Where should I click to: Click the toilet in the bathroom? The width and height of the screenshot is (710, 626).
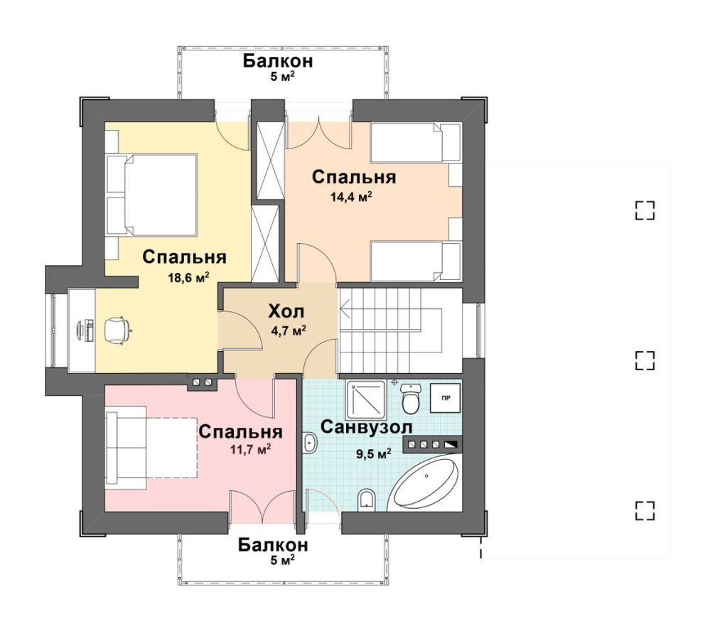pos(412,399)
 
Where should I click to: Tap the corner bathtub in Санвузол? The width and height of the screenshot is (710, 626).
pos(425,484)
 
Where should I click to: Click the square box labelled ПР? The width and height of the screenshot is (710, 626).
pos(446,399)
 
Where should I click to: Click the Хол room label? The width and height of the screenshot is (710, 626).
pos(286,312)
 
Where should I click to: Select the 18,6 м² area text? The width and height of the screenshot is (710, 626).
pos(188,277)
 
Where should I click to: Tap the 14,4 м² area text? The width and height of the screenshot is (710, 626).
pos(351,197)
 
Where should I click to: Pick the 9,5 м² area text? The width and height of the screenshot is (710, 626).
pos(374,454)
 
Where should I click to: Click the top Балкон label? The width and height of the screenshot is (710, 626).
pos(278,61)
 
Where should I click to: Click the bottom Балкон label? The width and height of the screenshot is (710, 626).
pos(273,546)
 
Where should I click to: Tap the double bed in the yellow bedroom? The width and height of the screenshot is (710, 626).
pos(151,195)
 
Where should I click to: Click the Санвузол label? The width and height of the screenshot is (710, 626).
pos(366,427)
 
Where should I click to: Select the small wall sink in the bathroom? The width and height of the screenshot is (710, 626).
pos(310,442)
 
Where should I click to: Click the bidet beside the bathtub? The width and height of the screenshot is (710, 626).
pos(366,500)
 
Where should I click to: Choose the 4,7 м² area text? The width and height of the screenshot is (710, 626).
pos(289,331)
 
